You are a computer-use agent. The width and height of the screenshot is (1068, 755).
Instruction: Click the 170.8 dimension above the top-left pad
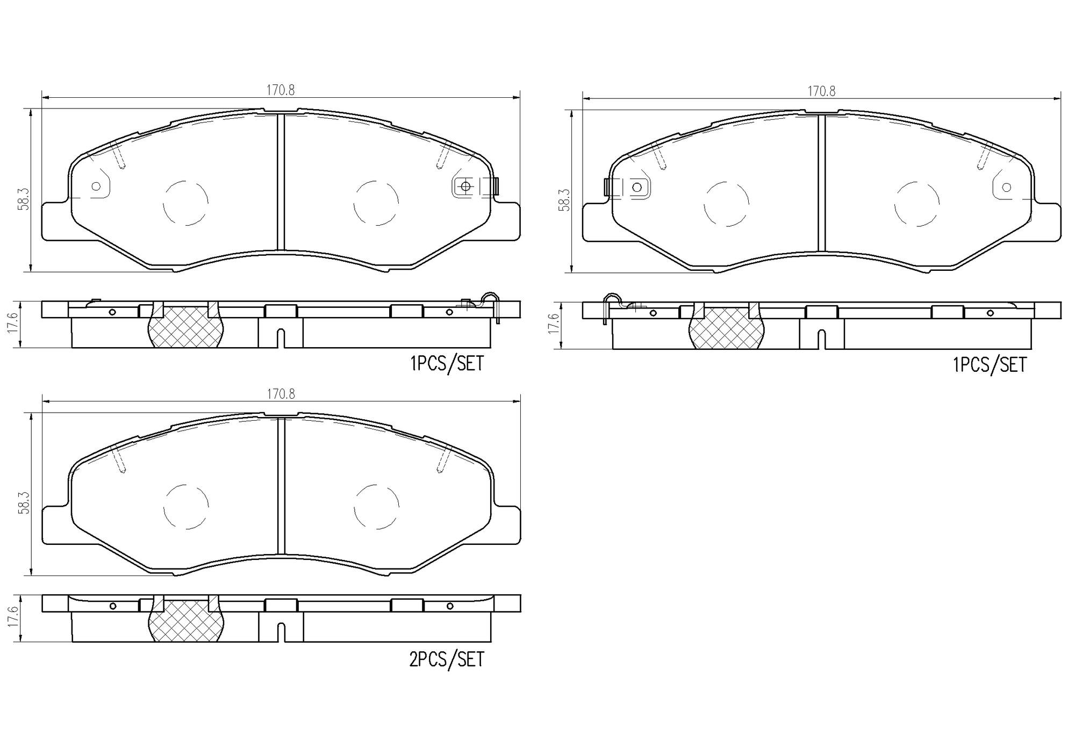[x=281, y=90]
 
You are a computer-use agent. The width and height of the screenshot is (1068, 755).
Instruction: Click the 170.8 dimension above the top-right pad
[x=821, y=91]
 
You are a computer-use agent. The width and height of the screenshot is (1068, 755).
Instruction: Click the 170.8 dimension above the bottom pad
[x=281, y=394]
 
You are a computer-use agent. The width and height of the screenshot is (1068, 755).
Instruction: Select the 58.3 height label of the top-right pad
[x=564, y=200]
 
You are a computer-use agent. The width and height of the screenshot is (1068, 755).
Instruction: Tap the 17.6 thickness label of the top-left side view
[x=13, y=323]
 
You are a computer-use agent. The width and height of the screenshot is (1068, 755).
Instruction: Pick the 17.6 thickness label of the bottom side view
[x=13, y=617]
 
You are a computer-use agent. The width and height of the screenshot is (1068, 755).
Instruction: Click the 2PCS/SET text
[x=446, y=659]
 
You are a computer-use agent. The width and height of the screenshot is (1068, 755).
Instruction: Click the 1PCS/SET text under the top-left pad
[x=447, y=364]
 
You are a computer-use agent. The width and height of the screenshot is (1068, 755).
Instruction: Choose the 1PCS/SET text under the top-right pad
[x=989, y=365]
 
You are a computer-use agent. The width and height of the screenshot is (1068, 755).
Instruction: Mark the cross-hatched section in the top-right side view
[x=727, y=329]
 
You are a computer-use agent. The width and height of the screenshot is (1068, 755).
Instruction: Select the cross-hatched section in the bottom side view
[x=186, y=622]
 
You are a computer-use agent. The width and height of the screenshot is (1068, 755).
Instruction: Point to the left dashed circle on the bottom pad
[x=186, y=506]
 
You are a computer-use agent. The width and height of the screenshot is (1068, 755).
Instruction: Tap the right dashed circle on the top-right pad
[x=917, y=204]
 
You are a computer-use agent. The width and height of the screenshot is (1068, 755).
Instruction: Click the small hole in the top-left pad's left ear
[x=96, y=186]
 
